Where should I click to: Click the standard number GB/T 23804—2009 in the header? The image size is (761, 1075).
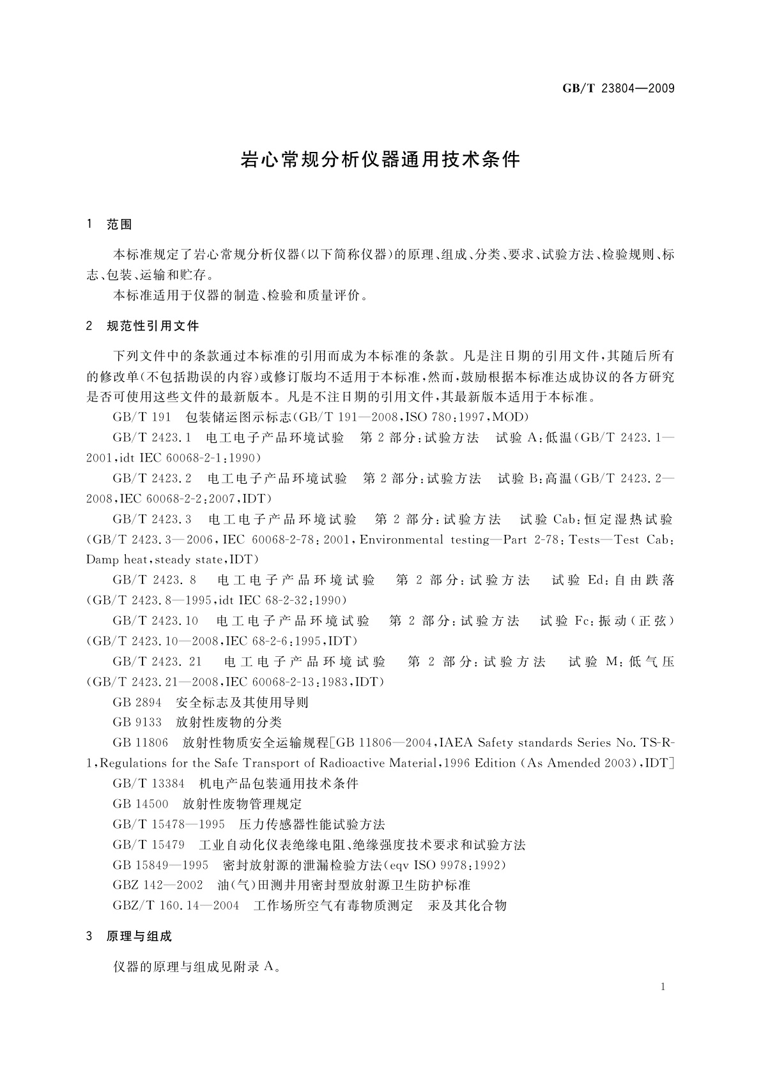618,89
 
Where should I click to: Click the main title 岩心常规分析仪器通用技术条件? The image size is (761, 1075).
380,159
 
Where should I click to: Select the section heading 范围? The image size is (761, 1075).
119,224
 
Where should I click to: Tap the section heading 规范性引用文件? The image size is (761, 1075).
153,326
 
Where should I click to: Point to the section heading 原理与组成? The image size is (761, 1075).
139,936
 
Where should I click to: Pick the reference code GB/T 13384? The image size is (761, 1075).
148,783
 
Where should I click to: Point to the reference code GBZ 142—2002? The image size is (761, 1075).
157,885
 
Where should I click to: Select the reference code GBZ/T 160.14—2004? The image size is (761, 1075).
176,906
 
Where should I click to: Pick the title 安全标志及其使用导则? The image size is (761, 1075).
242,702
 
